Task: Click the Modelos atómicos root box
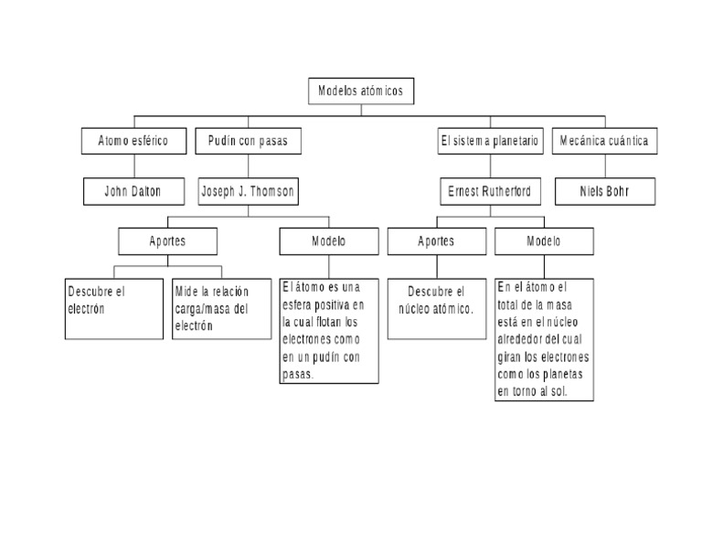tap(360, 90)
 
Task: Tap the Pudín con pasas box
tap(248, 141)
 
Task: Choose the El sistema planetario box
tap(489, 141)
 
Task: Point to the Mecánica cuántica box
tap(603, 141)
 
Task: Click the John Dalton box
tap(133, 191)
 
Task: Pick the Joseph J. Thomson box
tap(248, 191)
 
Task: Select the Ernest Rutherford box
tap(489, 191)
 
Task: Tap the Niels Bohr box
tap(603, 191)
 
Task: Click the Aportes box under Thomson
tap(167, 241)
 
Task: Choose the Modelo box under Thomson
tap(328, 241)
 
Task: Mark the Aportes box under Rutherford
tap(436, 241)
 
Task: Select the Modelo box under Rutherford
tap(544, 241)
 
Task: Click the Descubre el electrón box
tap(114, 308)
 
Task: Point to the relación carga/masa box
tap(221, 308)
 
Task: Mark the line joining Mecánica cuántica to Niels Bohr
tap(603, 165)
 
